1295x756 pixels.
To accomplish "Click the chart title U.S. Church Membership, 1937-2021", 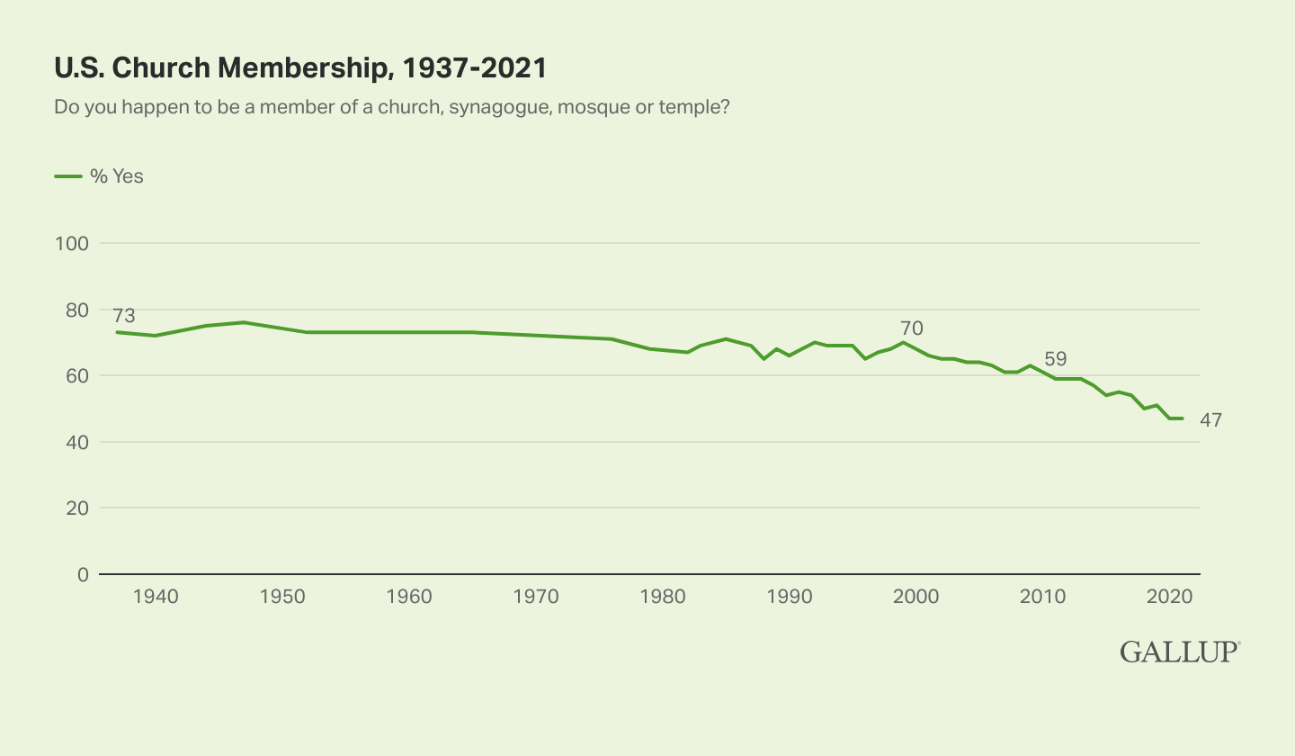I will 300,67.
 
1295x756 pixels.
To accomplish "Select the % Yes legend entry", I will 99,176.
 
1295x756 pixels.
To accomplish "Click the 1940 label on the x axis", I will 156,596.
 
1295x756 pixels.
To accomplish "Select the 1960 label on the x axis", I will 409,596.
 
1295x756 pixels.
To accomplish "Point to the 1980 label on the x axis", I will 663,596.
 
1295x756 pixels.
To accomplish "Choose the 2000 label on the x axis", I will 916,596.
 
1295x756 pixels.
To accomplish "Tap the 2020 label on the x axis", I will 1169,596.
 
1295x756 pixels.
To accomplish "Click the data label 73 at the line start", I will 123,316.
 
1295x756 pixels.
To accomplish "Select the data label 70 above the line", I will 911,328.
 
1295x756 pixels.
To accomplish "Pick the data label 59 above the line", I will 1055,359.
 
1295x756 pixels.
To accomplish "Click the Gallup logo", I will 1180,652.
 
